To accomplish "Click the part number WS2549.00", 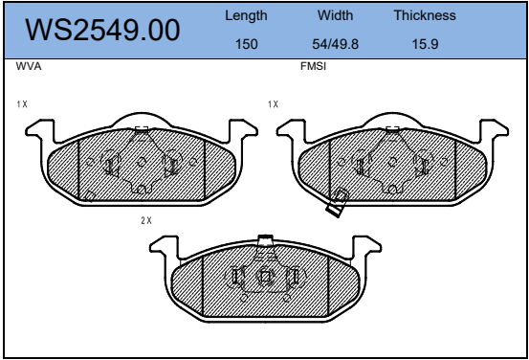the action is coord(102,30).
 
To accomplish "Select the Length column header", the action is coord(246,16).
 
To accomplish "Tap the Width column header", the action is coord(335,15).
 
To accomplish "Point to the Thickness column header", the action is coord(425,15).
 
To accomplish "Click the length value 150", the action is coord(246,44).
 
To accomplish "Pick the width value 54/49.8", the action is coord(335,44).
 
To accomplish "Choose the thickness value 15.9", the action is coord(425,44).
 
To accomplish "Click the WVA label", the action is coord(29,66).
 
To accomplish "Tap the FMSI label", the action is coord(313,66).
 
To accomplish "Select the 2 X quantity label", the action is coord(146,220).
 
